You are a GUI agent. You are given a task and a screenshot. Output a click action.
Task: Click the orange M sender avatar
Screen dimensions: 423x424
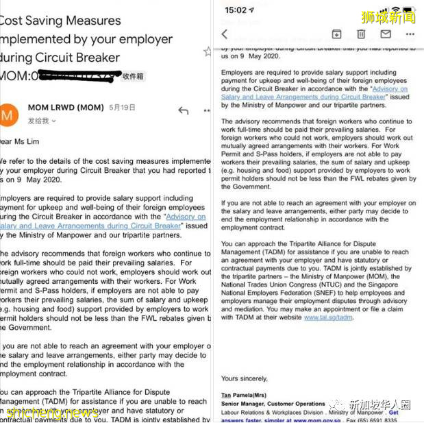[x=9, y=114]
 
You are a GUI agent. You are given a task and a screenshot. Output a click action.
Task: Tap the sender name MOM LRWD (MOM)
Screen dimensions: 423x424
[x=66, y=108]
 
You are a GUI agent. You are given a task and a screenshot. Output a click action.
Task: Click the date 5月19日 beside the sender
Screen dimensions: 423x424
[x=123, y=108]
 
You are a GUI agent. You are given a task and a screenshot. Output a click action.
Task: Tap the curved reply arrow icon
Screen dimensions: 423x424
[x=183, y=110]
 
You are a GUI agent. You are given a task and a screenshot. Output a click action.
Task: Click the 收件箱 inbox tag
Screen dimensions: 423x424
[x=133, y=76]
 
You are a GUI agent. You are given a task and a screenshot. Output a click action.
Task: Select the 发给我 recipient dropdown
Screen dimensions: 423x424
[x=41, y=121]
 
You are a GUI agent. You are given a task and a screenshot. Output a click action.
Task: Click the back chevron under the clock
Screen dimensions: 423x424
[x=225, y=34]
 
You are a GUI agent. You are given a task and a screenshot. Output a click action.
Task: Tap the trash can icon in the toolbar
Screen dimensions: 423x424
[x=361, y=34]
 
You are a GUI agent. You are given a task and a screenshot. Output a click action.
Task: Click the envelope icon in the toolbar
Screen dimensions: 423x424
[x=386, y=34]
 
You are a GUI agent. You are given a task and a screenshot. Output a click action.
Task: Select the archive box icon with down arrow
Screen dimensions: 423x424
[x=336, y=34]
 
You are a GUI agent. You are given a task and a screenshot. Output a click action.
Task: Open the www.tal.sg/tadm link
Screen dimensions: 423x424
[x=328, y=317]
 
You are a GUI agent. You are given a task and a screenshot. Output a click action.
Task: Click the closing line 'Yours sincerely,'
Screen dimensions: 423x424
[x=244, y=378]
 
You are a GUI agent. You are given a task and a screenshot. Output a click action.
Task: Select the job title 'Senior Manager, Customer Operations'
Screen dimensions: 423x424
[x=273, y=404]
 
